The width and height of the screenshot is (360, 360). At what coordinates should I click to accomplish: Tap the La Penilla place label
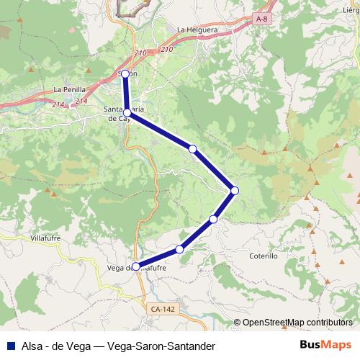69,90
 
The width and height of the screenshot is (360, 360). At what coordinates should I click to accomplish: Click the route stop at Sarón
125,73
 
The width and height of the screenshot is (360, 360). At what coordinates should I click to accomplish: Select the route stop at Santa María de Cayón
127,112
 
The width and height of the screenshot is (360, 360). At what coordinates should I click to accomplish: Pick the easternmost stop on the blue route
235,190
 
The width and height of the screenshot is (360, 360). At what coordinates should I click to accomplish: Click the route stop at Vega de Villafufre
135,266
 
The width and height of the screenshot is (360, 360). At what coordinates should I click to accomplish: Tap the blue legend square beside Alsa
9,344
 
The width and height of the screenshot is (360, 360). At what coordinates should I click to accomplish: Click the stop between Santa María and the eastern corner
192,148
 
